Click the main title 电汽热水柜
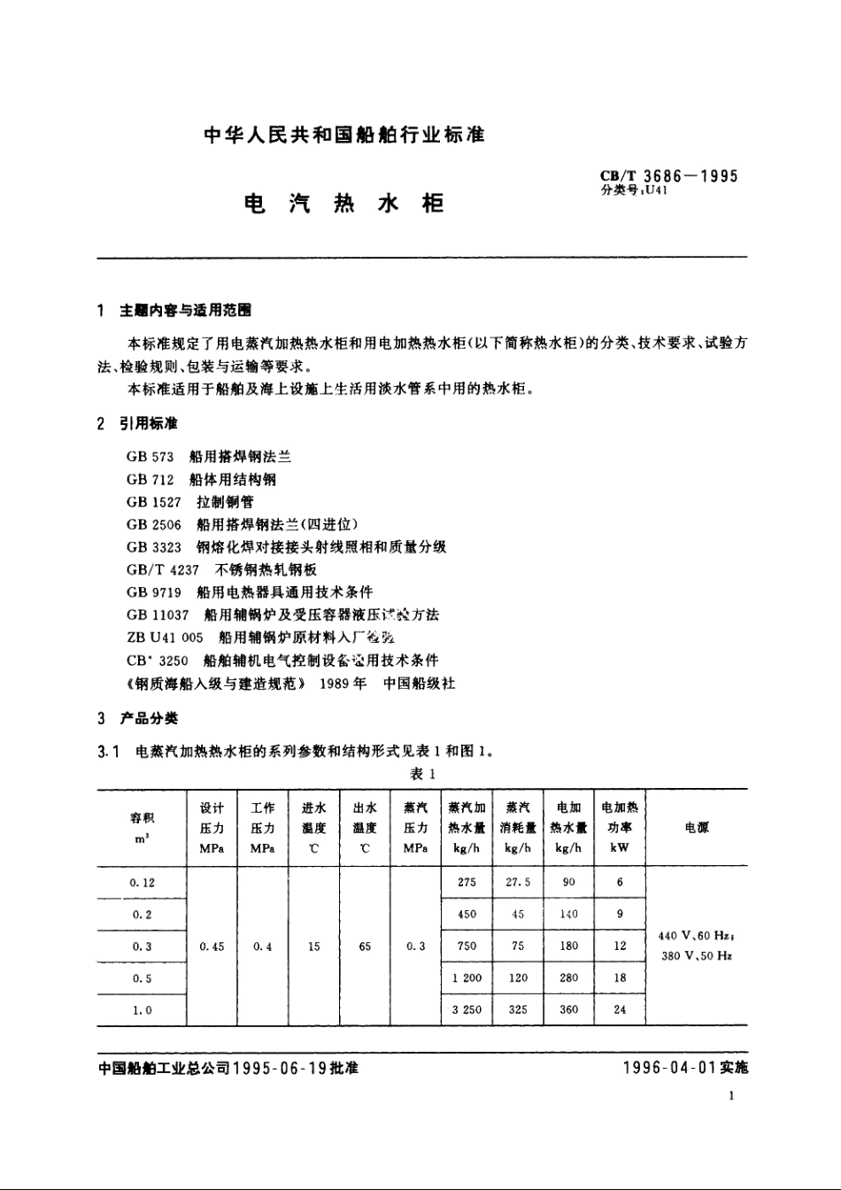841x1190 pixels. pos(343,204)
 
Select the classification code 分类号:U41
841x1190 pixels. pos(634,190)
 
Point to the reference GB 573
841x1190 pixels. pos(150,457)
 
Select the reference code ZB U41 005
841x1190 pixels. pos(165,637)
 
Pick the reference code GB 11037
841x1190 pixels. pos(158,614)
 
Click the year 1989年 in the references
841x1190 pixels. pos(343,683)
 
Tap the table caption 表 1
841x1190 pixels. pos(422,775)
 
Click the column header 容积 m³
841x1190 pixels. pos(142,828)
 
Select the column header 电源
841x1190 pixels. pos(697,828)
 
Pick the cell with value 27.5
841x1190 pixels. pos(518,883)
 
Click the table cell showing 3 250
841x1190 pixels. pos(467,1009)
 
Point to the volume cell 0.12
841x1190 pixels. pos(142,883)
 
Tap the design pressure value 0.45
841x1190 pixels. pos(212,947)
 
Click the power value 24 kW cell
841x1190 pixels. pos(620,1009)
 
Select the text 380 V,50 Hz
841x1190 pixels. pos(697,956)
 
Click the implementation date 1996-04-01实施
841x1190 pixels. pos(685,1068)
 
